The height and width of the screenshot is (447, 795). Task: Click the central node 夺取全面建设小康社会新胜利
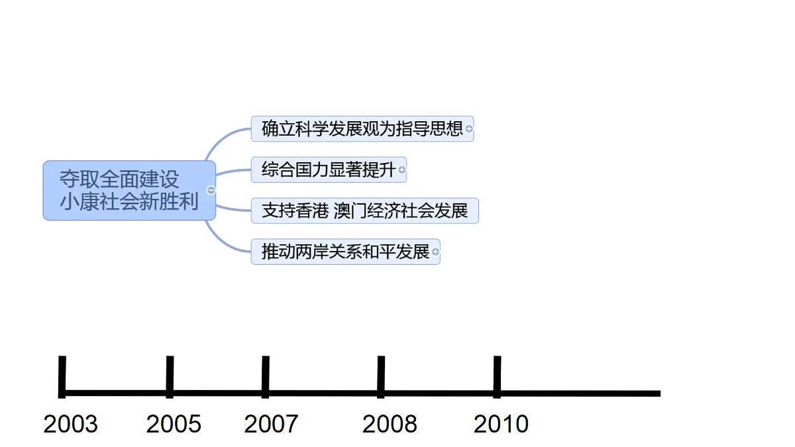(129, 191)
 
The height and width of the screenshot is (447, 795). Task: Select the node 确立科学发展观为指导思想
(362, 128)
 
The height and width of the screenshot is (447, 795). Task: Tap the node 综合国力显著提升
(329, 170)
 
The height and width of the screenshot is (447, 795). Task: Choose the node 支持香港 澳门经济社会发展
(365, 211)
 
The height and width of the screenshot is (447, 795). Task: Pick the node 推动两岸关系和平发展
(346, 252)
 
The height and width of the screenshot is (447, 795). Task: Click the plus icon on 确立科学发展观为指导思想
(469, 128)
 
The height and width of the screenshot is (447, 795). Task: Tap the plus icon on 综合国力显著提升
(401, 170)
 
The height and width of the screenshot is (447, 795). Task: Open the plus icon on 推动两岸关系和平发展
(435, 252)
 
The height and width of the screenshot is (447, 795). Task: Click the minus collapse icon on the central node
(211, 191)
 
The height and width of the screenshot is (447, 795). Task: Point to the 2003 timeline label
(70, 424)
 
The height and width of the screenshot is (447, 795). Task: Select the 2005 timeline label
(174, 424)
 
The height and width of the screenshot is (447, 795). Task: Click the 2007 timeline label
(271, 424)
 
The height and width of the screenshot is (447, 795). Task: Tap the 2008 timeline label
(390, 424)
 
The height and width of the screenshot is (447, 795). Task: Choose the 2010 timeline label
(501, 424)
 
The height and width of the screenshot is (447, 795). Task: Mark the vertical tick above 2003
(62, 377)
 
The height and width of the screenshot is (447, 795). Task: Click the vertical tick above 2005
(170, 377)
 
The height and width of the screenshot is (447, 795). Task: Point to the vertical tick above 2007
(266, 377)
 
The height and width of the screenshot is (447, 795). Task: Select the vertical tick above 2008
(381, 377)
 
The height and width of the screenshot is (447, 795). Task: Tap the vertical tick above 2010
(498, 377)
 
